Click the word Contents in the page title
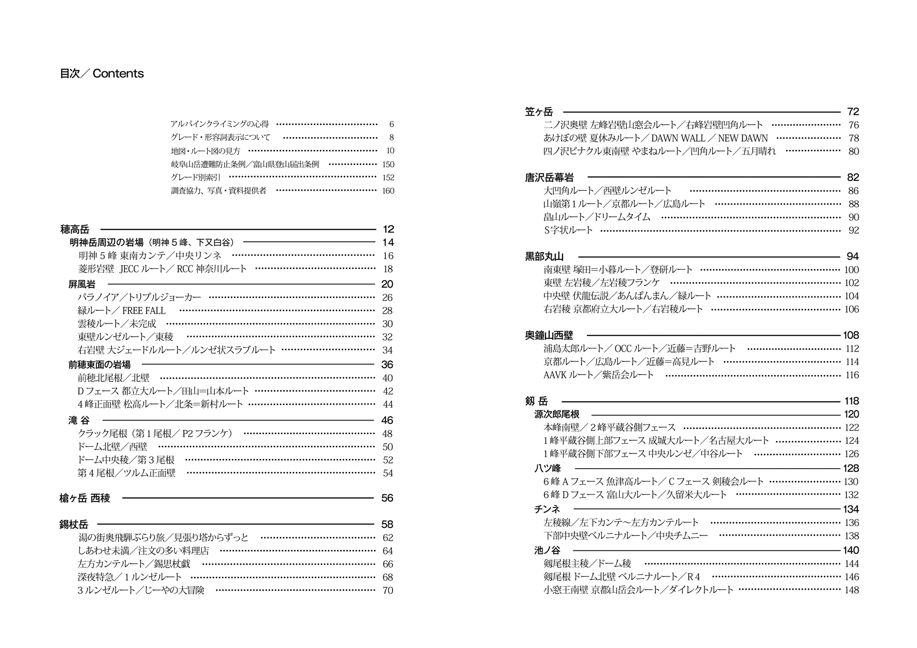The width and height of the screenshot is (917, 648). [118, 74]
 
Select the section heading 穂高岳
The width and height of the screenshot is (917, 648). [75, 229]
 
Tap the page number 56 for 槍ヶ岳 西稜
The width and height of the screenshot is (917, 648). [387, 498]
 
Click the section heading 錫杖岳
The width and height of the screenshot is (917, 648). [73, 525]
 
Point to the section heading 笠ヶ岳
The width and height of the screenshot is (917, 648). [539, 112]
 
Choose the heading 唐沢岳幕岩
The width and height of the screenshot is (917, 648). [549, 177]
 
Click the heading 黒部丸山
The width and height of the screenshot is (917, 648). [544, 257]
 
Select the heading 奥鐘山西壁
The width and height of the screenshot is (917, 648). [549, 336]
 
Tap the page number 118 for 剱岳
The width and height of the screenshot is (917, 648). [851, 401]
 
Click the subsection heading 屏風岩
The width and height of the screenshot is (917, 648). [82, 284]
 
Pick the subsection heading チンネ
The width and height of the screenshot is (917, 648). [547, 509]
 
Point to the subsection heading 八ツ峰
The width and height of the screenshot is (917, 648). [547, 468]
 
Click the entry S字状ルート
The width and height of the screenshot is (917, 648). [568, 230]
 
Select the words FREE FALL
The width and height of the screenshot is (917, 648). [144, 311]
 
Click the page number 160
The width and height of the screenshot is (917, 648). [388, 191]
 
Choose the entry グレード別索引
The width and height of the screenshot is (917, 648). [195, 177]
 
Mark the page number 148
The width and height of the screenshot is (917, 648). [851, 590]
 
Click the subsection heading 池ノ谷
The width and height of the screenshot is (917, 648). [547, 550]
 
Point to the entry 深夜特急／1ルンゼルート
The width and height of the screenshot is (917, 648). [130, 577]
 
